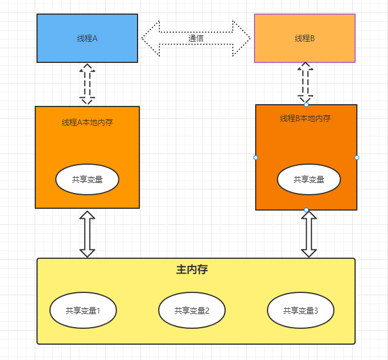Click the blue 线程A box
[x=87, y=38]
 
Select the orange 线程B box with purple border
[x=305, y=38]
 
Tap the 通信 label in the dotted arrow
[x=196, y=39]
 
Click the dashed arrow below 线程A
[x=87, y=84]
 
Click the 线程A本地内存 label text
[x=87, y=122]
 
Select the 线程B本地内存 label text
[x=305, y=118]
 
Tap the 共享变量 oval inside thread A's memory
[x=87, y=179]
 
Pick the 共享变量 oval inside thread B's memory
[x=309, y=179]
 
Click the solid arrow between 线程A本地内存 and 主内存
[x=87, y=234]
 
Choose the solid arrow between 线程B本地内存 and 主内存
[x=309, y=234]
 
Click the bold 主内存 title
[x=192, y=270]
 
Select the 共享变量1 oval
[x=83, y=309]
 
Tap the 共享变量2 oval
[x=192, y=309]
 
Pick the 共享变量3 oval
[x=300, y=309]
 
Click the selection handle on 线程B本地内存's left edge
[x=256, y=158]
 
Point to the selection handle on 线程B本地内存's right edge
[x=357, y=158]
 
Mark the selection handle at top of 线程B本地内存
[x=306, y=105]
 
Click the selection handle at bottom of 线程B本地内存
[x=306, y=210]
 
